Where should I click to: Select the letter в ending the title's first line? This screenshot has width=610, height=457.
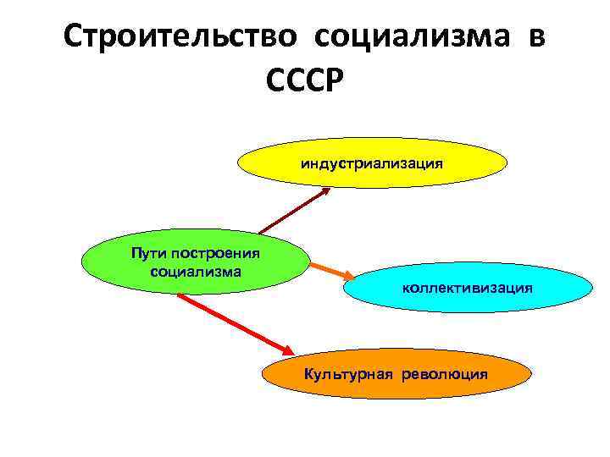[x=535, y=36]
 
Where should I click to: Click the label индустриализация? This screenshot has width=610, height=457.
[x=371, y=162]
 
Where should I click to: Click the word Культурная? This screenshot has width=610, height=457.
[x=349, y=373]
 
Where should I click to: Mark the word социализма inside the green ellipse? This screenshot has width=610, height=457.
[x=195, y=271]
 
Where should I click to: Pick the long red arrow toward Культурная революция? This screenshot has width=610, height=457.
[x=233, y=322]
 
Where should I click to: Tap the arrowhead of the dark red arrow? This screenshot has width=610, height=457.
[x=325, y=190]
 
